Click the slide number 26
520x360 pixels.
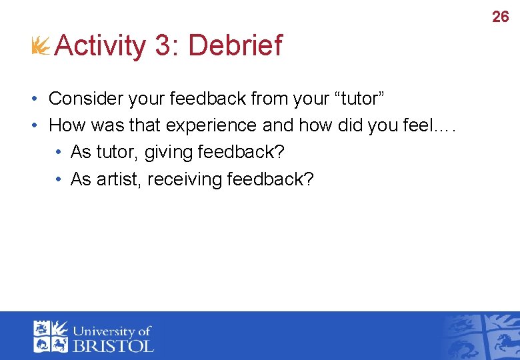coord(500,17)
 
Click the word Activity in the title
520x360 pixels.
coord(100,46)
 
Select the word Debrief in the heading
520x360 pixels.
coord(235,46)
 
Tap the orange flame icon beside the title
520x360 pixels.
coord(41,46)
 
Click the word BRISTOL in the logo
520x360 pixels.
coord(113,345)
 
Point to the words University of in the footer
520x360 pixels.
coord(112,331)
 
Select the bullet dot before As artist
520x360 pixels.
coord(59,180)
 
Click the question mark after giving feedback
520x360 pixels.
coord(279,152)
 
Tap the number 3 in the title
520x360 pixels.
coord(162,46)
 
